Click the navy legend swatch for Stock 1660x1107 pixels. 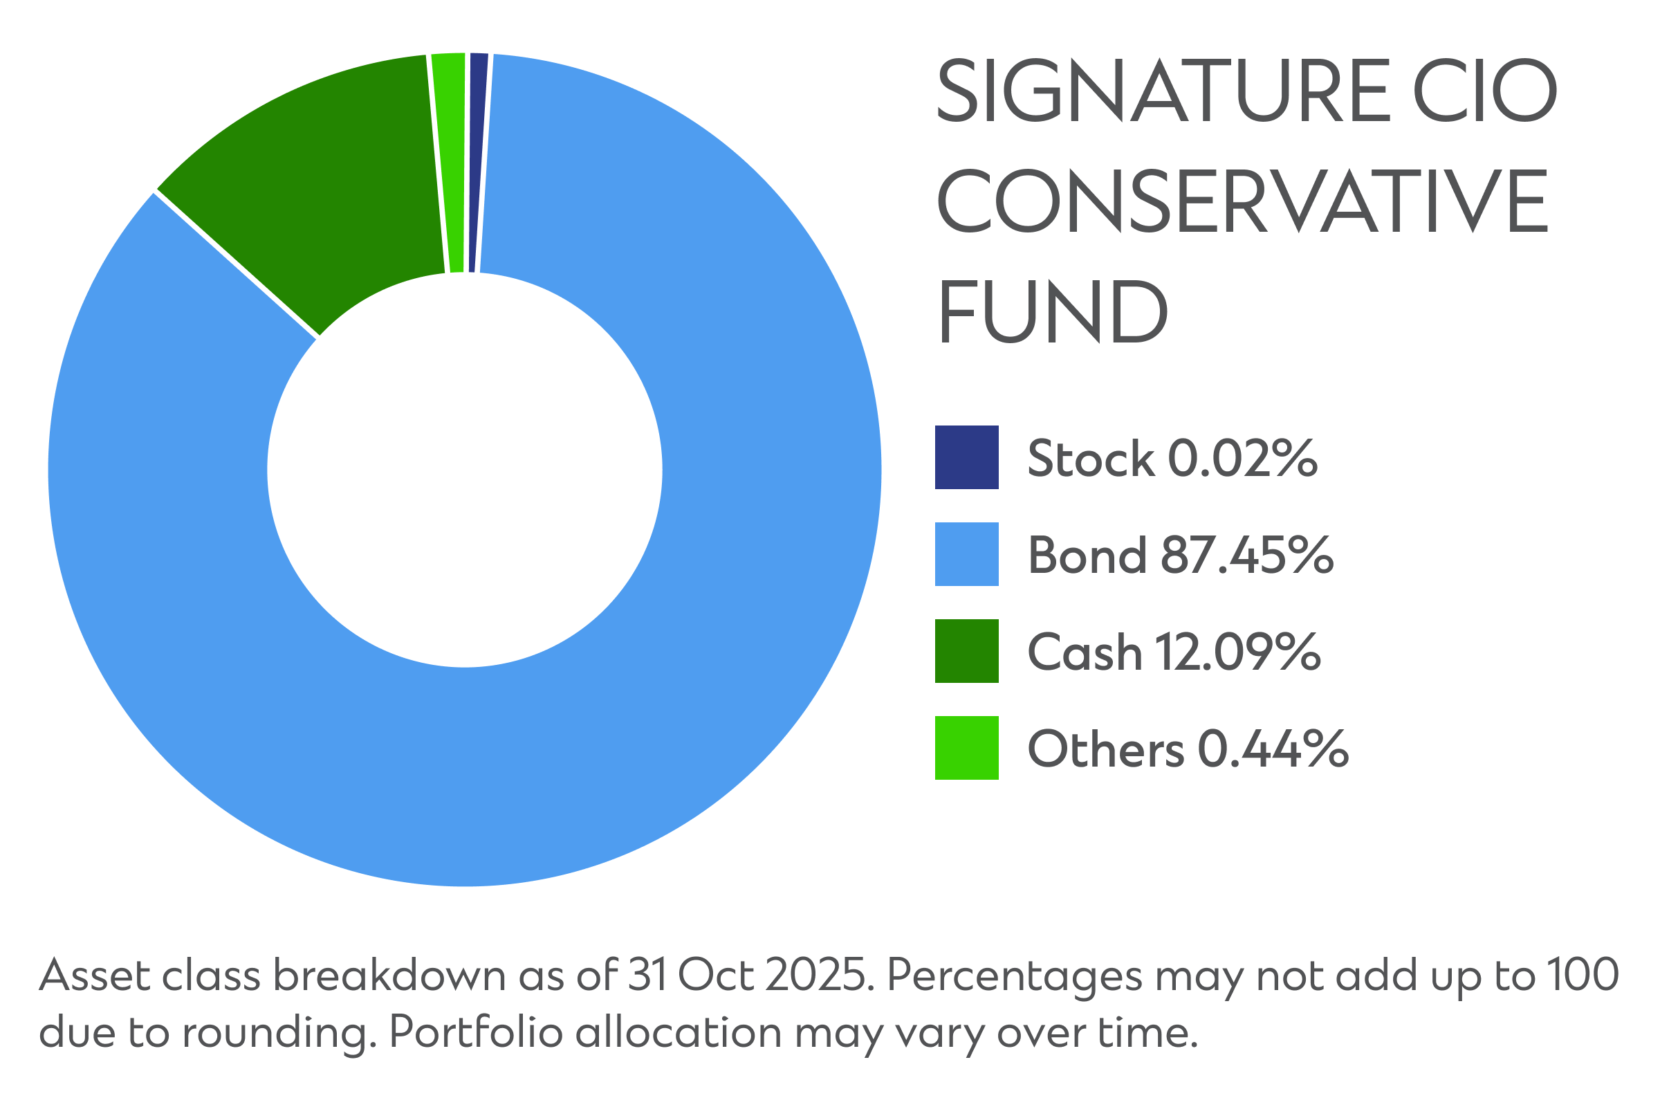pos(966,457)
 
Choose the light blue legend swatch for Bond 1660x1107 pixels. pos(966,554)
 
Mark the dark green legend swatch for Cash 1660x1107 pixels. pos(966,651)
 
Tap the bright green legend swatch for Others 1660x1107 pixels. pos(966,748)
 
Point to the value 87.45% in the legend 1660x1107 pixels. pos(1246,555)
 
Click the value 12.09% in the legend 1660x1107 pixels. pos(1237,652)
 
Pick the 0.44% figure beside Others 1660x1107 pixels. pos(1273,749)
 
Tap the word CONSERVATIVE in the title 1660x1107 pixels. pos(1242,201)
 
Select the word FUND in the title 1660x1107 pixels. pos(1052,311)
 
